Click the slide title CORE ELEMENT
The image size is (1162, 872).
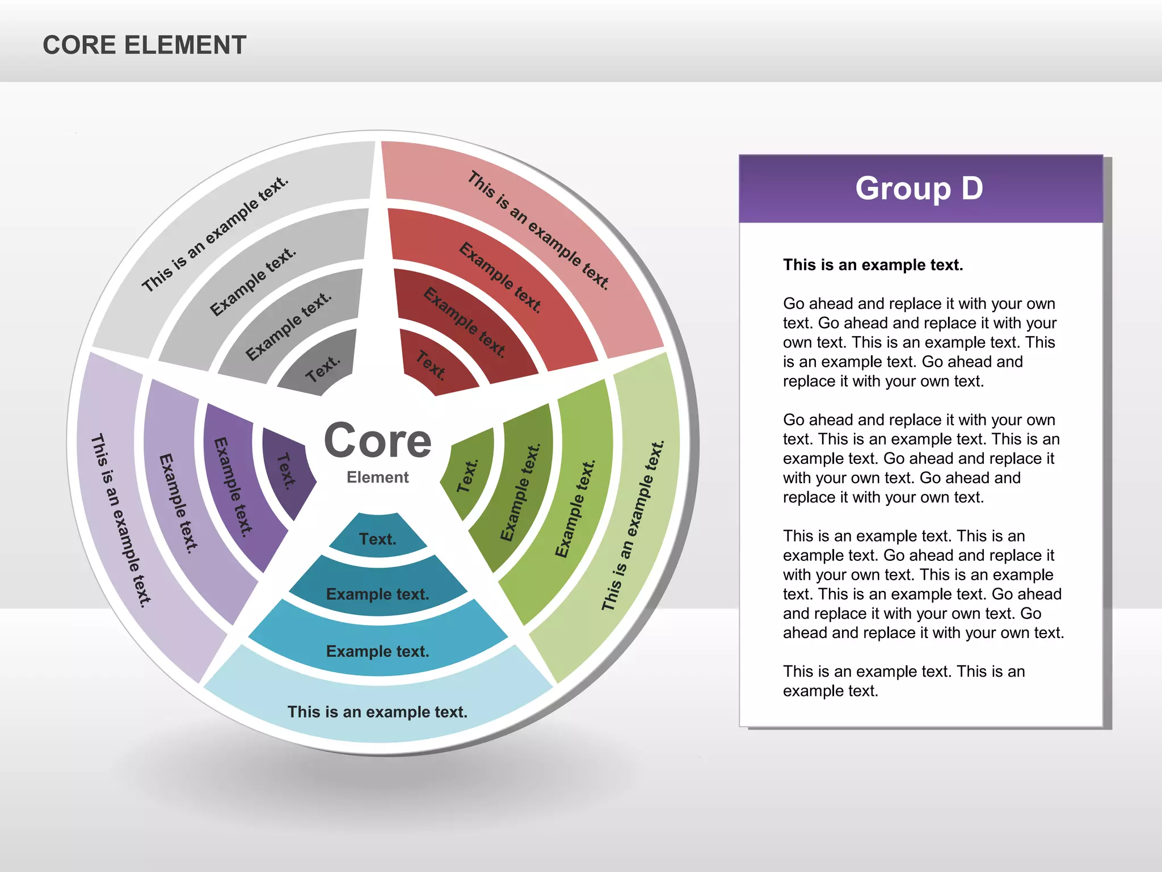coord(145,45)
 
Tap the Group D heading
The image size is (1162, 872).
coord(919,188)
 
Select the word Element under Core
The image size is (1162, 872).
coord(378,477)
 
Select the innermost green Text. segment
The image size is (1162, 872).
coord(469,475)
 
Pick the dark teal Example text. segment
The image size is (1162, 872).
coord(378,594)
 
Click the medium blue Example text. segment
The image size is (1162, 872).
coord(378,651)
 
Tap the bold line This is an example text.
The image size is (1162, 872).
coord(873,265)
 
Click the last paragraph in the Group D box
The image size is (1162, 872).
coord(903,681)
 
